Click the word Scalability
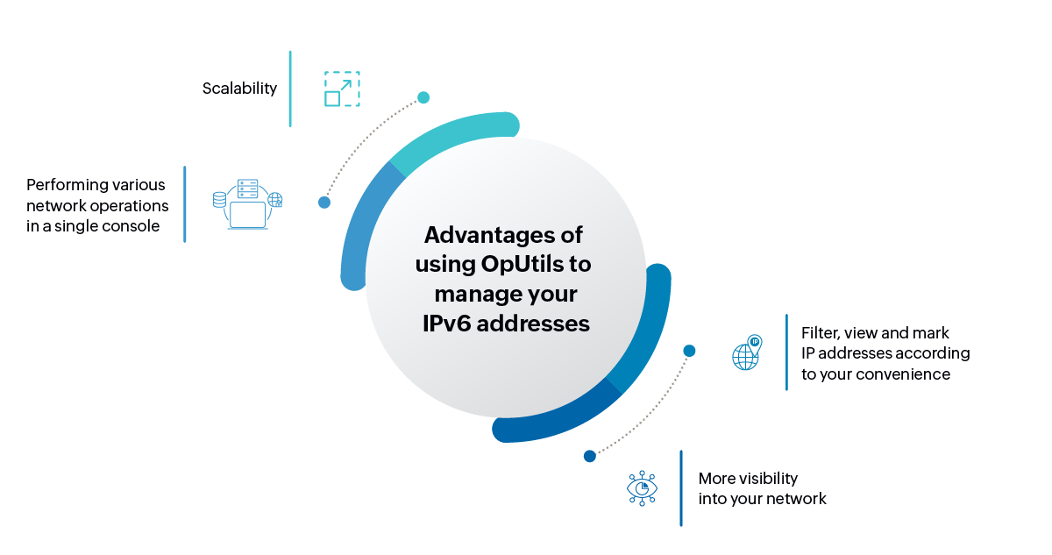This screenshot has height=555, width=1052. point(239,89)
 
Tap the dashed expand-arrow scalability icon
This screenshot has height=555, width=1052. point(342,89)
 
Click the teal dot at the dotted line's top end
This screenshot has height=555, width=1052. point(423,97)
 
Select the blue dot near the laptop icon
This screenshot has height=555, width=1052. point(324,203)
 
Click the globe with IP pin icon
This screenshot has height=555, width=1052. point(747,352)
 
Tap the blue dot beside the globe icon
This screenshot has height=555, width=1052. point(689,351)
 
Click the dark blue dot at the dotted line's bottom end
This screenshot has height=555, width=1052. point(590,456)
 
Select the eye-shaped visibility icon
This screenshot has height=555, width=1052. point(642,488)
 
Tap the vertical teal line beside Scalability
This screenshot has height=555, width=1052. point(290,89)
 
